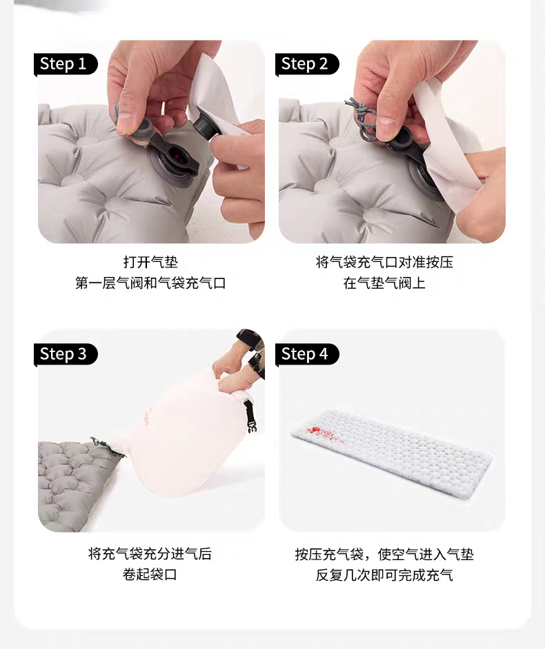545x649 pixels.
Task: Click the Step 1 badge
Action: (65, 64)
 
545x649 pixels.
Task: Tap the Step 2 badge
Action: (307, 64)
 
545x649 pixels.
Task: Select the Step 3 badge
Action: (65, 354)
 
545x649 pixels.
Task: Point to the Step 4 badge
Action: (307, 354)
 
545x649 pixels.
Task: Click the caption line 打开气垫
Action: (150, 262)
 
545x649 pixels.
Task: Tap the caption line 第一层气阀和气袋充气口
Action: (150, 283)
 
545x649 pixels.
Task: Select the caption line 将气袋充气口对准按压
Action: (384, 262)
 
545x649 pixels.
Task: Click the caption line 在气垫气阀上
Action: (384, 283)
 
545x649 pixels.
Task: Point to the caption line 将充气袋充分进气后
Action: (150, 553)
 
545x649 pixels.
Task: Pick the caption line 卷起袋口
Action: (150, 575)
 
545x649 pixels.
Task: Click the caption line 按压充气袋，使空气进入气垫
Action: (384, 554)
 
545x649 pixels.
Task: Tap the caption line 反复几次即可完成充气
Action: (384, 575)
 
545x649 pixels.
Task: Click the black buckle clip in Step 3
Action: (250, 415)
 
